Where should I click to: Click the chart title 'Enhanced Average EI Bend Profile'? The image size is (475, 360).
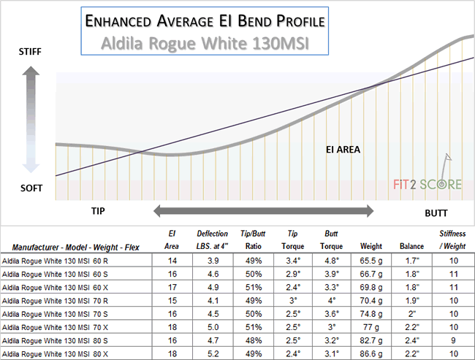tap(205, 21)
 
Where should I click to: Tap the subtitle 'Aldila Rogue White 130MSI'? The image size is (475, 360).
tap(205, 45)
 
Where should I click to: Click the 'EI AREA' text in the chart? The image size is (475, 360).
tap(343, 150)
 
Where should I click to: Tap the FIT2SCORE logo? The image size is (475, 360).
tap(424, 182)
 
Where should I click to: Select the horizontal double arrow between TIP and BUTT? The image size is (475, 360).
tap(263, 211)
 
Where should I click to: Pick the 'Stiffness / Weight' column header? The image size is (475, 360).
tap(452, 240)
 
